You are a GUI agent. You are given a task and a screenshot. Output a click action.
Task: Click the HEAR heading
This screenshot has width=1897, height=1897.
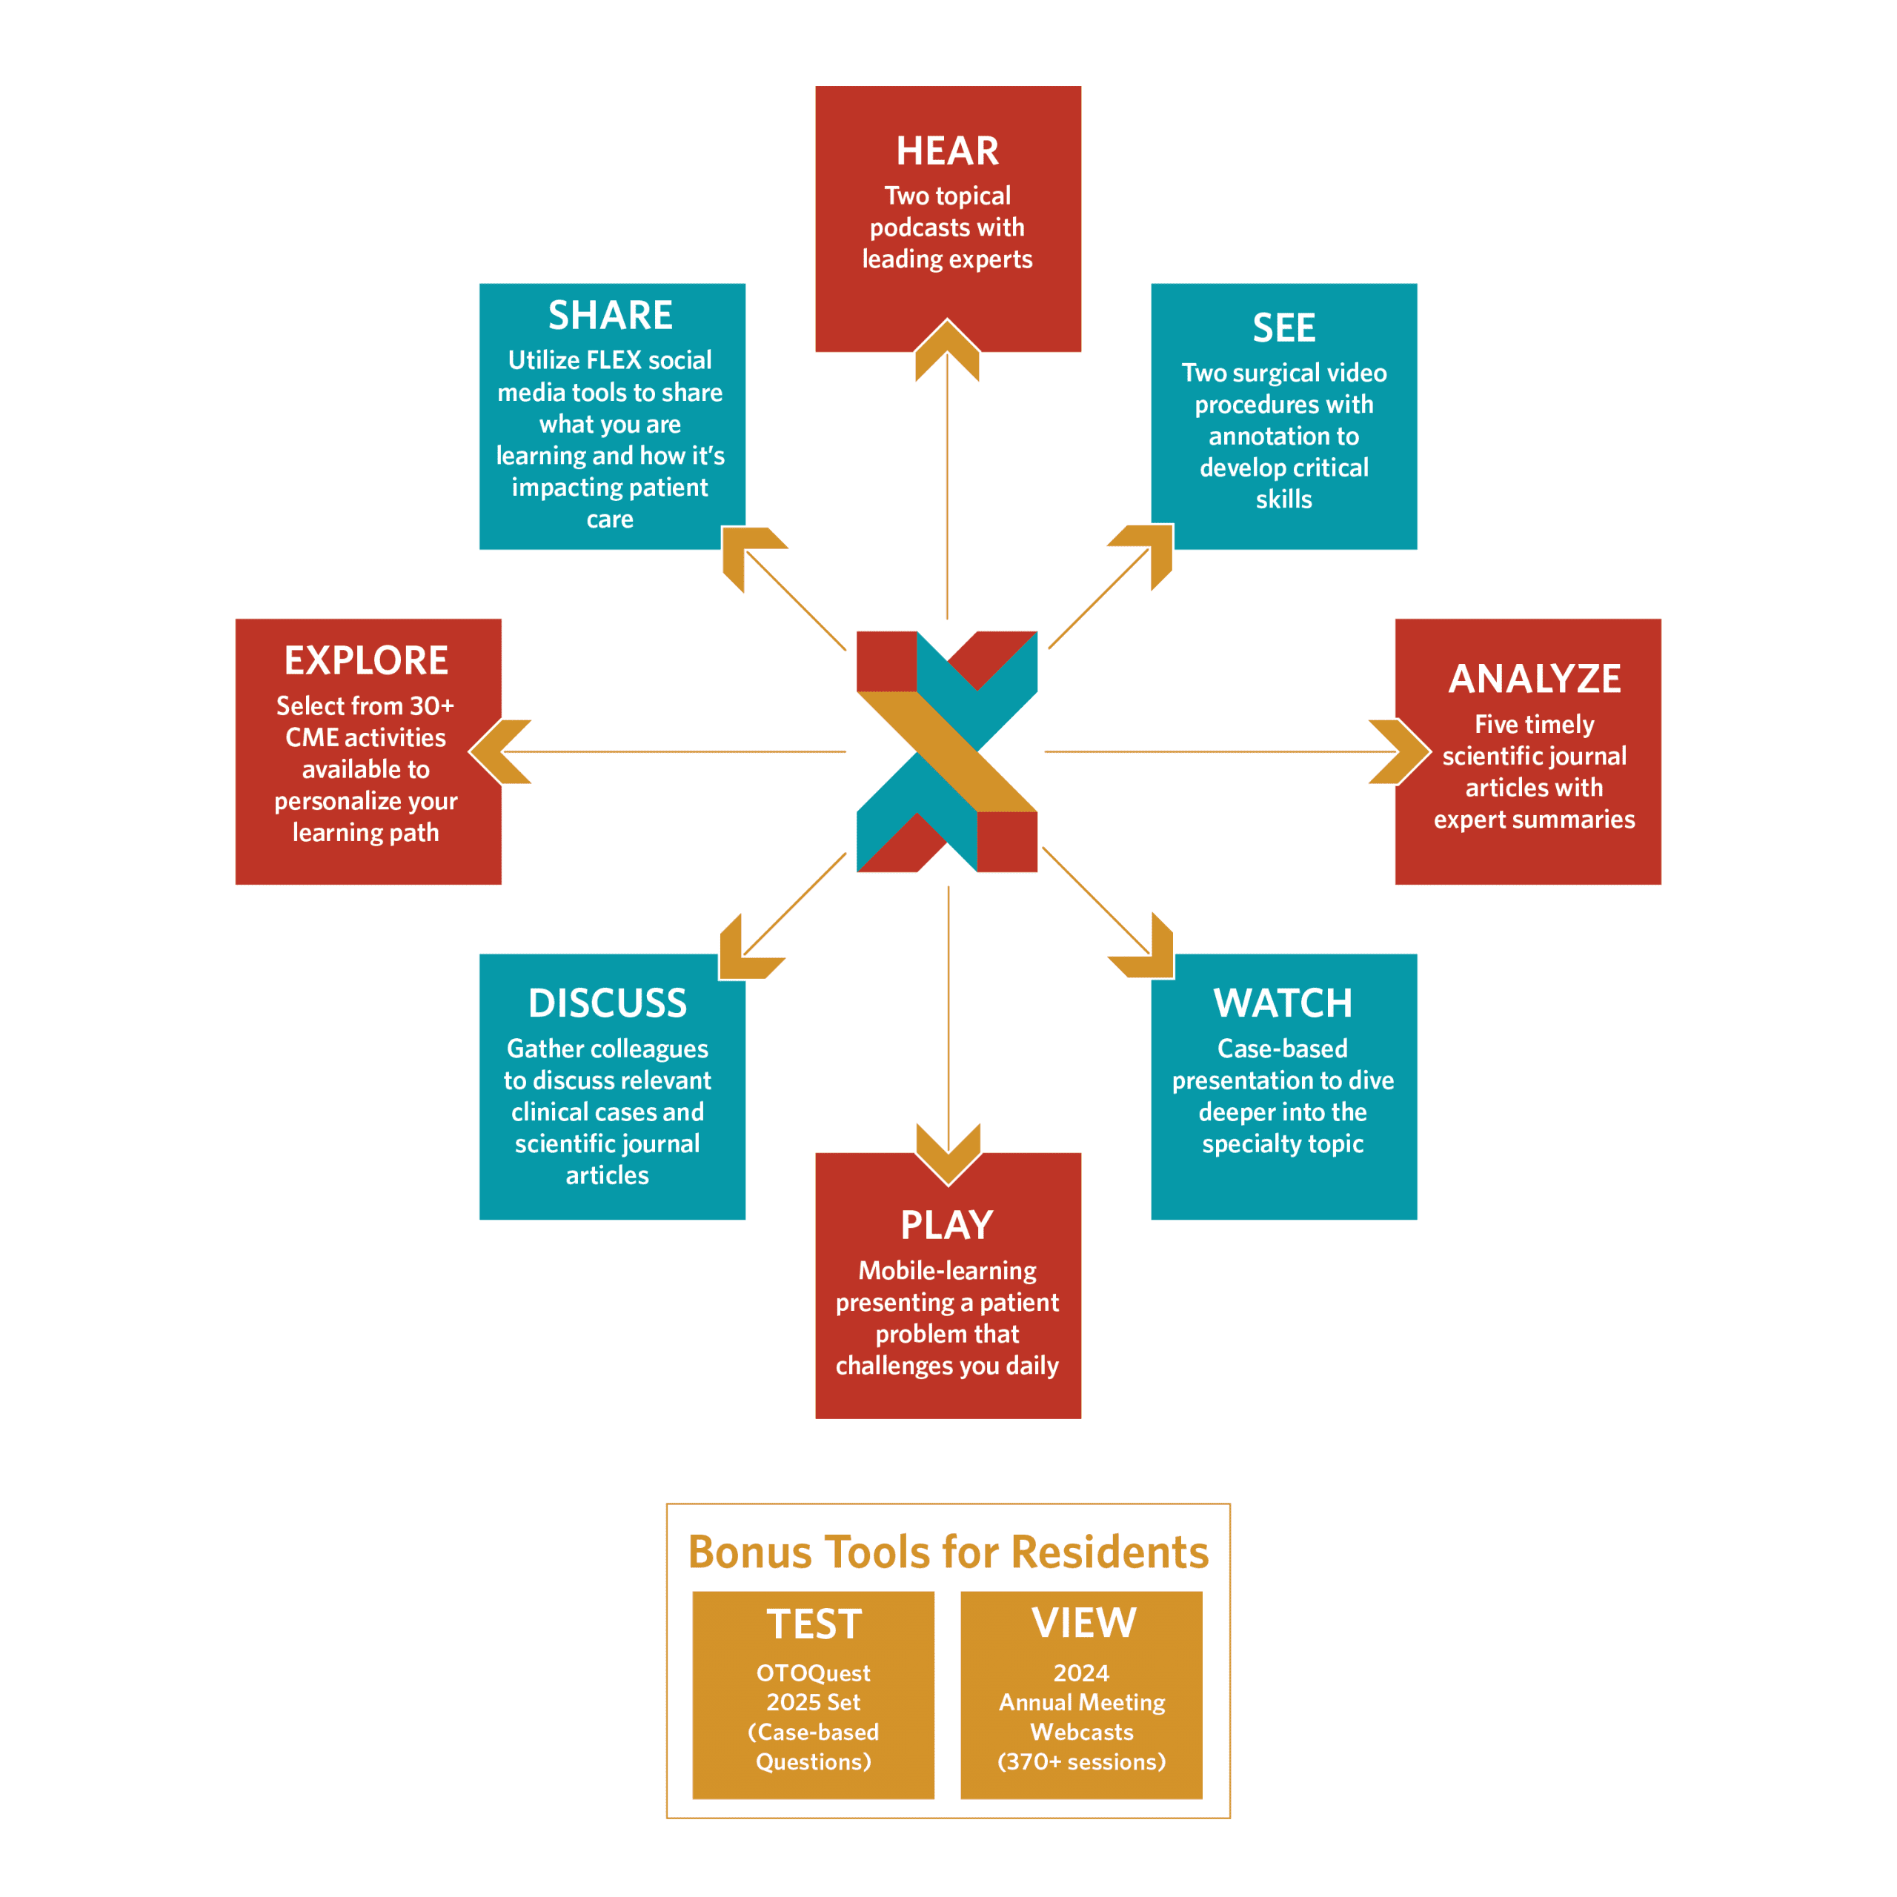[x=948, y=151]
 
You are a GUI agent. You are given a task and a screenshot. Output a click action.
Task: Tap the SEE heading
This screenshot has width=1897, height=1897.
[x=1283, y=328]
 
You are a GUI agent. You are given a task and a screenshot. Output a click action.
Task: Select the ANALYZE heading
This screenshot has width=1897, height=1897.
[x=1534, y=679]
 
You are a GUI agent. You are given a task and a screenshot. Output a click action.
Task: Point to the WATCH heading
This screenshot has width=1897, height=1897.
[x=1283, y=1003]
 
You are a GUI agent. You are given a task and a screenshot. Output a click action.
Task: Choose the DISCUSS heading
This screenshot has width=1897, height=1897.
[x=607, y=1003]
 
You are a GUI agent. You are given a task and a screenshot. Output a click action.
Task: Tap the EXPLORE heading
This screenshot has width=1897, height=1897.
[x=366, y=661]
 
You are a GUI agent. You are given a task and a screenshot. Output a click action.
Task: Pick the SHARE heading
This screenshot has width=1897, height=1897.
[x=610, y=315]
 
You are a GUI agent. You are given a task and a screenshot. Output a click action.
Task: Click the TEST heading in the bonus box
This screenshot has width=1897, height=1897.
[x=814, y=1624]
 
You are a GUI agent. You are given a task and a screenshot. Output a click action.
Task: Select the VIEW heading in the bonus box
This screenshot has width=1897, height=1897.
[x=1083, y=1623]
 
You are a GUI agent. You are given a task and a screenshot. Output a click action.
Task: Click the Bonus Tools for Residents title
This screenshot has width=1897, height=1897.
[x=948, y=1552]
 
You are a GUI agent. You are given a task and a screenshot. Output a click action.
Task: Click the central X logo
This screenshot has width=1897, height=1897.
[x=948, y=751]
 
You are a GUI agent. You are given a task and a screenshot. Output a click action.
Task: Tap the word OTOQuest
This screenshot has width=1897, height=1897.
[x=813, y=1673]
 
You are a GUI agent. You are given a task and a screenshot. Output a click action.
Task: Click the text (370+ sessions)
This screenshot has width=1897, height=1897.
[x=1081, y=1761]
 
